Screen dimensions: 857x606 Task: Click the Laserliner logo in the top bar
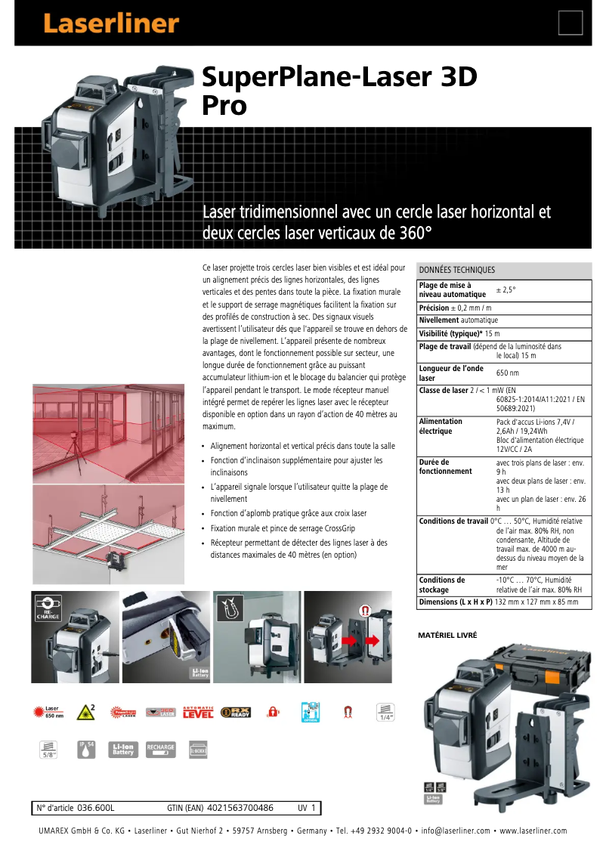click(110, 23)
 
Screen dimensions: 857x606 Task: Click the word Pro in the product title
click(224, 106)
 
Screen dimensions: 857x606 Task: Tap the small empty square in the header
click(570, 23)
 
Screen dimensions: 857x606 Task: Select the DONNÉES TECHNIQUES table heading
click(457, 270)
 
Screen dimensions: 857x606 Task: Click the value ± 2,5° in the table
click(506, 289)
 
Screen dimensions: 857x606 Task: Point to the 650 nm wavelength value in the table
click(507, 373)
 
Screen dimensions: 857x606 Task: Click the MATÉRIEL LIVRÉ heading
click(447, 636)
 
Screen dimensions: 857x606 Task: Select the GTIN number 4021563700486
click(240, 808)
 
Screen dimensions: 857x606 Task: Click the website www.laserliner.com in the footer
click(533, 831)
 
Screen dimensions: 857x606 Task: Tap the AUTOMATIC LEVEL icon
click(198, 712)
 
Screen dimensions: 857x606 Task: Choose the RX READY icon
click(235, 712)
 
